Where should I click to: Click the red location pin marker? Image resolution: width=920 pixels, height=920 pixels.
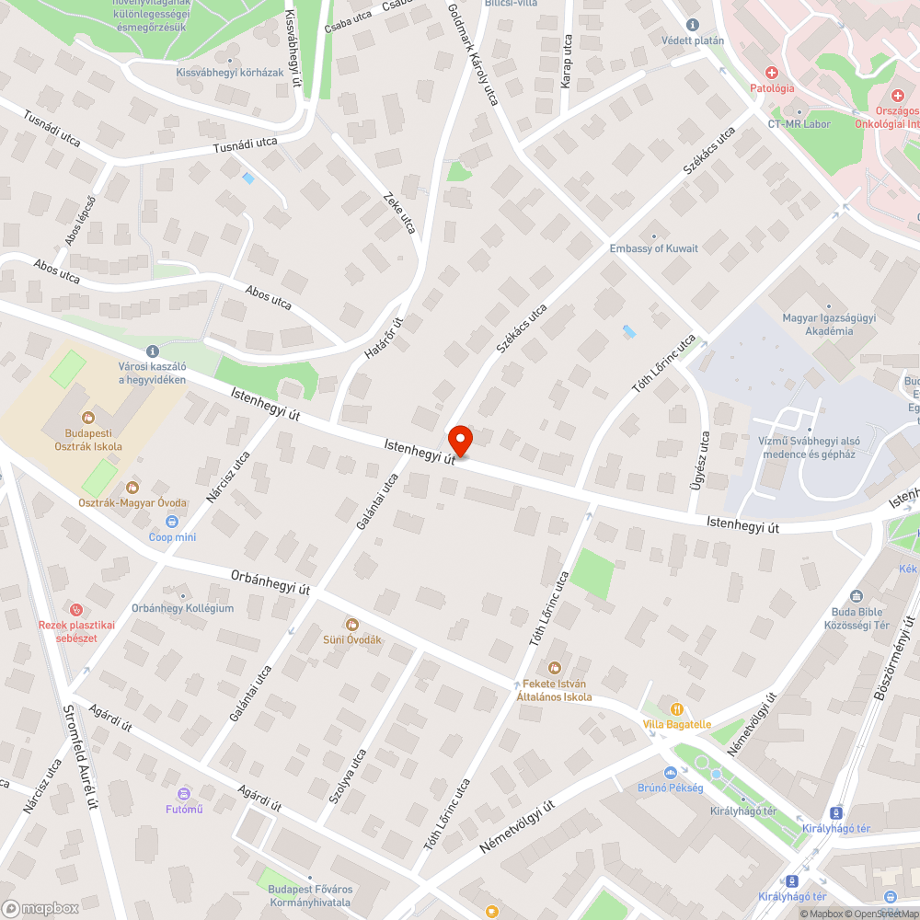pyautogui.click(x=459, y=440)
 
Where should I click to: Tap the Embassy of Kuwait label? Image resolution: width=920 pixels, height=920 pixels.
pyautogui.click(x=653, y=248)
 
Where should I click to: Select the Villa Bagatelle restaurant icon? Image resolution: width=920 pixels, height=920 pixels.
pyautogui.click(x=678, y=708)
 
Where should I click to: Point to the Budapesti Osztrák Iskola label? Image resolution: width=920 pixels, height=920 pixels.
pyautogui.click(x=88, y=440)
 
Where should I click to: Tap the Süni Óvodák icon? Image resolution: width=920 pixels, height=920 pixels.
pyautogui.click(x=351, y=625)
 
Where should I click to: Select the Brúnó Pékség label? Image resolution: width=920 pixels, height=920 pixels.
pyautogui.click(x=670, y=788)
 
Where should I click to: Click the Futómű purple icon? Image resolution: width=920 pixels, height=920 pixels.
pyautogui.click(x=184, y=793)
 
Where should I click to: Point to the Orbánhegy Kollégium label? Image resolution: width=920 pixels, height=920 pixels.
pyautogui.click(x=182, y=608)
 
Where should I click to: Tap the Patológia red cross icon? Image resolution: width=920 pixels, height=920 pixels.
pyautogui.click(x=772, y=72)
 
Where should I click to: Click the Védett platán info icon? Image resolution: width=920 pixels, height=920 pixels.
pyautogui.click(x=693, y=25)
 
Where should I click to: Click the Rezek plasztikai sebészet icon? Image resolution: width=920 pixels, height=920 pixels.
pyautogui.click(x=76, y=609)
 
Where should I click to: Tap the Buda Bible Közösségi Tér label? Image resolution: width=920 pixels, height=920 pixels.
pyautogui.click(x=857, y=618)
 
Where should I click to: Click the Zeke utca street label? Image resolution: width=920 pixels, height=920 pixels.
pyautogui.click(x=400, y=212)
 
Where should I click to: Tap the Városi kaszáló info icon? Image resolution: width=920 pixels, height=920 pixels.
pyautogui.click(x=152, y=351)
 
